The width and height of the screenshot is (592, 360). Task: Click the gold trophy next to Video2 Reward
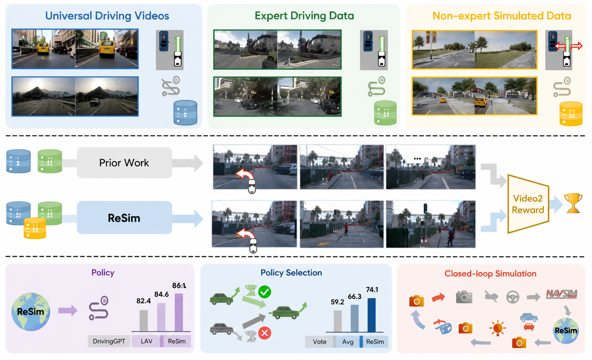573,203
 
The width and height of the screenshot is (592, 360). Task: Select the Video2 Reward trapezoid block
528,204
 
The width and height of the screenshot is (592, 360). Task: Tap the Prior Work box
124,163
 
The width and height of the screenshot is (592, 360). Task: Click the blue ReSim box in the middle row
124,218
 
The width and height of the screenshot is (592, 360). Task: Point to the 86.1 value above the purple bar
179,286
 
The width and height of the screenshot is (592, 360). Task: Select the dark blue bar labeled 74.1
371,315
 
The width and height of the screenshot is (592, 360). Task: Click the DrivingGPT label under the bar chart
109,341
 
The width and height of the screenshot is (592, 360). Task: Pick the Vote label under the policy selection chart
320,342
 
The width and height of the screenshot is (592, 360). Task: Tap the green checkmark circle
265,292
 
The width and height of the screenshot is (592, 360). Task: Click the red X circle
265,333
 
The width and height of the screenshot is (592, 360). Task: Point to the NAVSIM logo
561,294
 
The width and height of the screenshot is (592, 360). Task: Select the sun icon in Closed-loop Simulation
498,328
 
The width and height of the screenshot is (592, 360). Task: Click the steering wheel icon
513,297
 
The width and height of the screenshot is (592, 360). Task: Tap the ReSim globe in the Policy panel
31,312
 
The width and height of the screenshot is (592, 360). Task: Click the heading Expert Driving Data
304,15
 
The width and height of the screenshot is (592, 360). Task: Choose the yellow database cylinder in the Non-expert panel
571,114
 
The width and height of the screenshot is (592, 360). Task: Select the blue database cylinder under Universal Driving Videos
185,112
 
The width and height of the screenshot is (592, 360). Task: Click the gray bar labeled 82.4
144,321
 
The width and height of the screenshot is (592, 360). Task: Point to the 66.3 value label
355,297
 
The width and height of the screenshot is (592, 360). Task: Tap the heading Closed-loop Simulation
490,273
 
